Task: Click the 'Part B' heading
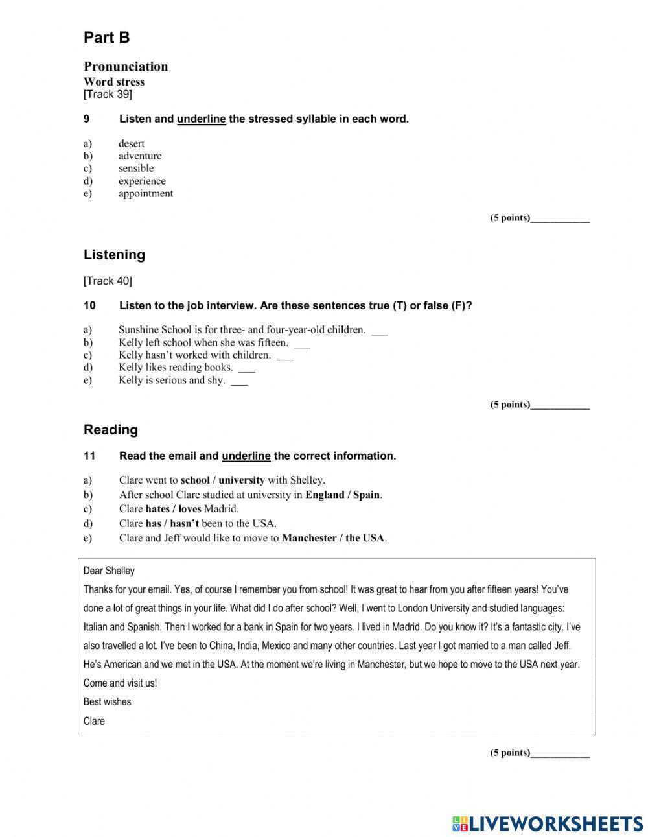106,38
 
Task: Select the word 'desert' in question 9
132,143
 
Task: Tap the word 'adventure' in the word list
140,156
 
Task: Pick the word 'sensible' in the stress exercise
136,168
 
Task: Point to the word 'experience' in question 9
142,181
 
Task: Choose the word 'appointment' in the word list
146,193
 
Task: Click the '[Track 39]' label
108,95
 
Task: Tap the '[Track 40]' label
108,281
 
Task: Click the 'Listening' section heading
114,255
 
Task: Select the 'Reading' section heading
111,430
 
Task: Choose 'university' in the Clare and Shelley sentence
242,480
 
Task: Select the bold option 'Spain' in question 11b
366,495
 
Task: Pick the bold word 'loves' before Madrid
189,509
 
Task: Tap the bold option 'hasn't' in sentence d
185,523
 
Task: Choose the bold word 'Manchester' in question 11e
309,538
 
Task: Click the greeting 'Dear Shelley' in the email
109,571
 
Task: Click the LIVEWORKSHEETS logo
548,823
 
